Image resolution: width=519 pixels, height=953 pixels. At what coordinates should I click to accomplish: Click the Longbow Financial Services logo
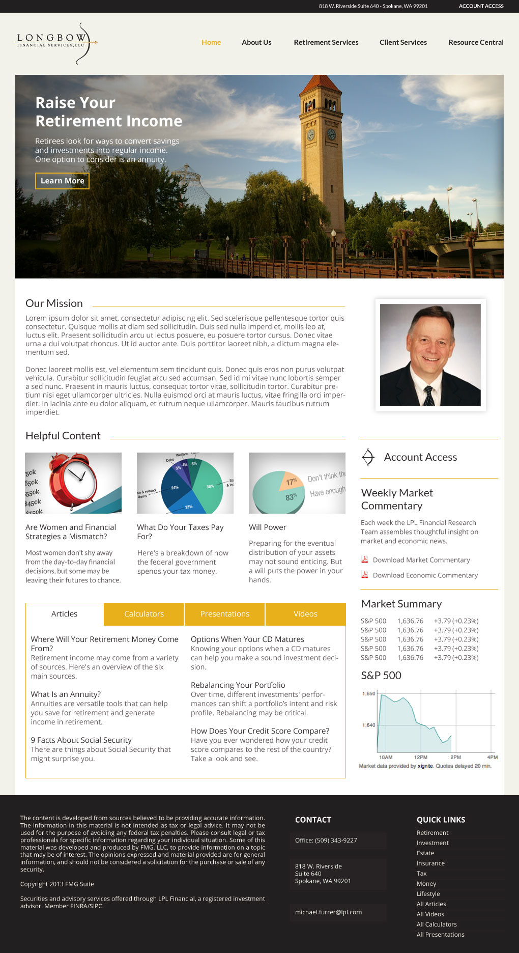pos(56,43)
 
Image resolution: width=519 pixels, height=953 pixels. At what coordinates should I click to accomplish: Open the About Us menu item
pos(256,42)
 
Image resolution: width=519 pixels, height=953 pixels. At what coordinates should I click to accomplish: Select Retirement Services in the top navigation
pos(326,42)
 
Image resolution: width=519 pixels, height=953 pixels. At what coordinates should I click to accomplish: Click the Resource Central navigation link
pos(476,42)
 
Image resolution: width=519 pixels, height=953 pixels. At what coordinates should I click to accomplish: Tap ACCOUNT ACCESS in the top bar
pos(481,6)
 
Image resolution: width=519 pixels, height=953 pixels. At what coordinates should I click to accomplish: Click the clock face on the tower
pos(311,135)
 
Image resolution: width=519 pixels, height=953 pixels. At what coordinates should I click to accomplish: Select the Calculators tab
pos(144,614)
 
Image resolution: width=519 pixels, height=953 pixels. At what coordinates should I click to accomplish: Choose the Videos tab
pos(305,614)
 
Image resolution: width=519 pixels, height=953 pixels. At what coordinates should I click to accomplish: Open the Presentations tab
pos(225,614)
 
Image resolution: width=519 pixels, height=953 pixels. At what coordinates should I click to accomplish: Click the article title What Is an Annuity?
pos(66,694)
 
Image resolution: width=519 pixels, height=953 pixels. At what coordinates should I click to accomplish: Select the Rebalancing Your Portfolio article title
pos(238,685)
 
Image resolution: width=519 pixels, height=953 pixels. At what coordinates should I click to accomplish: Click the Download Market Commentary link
pos(421,560)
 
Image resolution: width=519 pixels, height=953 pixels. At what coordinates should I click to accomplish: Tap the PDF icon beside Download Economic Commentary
pos(365,575)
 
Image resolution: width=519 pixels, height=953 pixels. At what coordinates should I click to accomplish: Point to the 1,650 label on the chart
pos(368,693)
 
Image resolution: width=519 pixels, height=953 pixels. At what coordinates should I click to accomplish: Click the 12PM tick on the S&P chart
pos(421,757)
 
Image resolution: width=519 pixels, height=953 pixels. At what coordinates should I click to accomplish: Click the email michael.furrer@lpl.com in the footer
pos(328,912)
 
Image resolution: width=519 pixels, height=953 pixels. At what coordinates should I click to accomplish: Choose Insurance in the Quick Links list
pos(430,863)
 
